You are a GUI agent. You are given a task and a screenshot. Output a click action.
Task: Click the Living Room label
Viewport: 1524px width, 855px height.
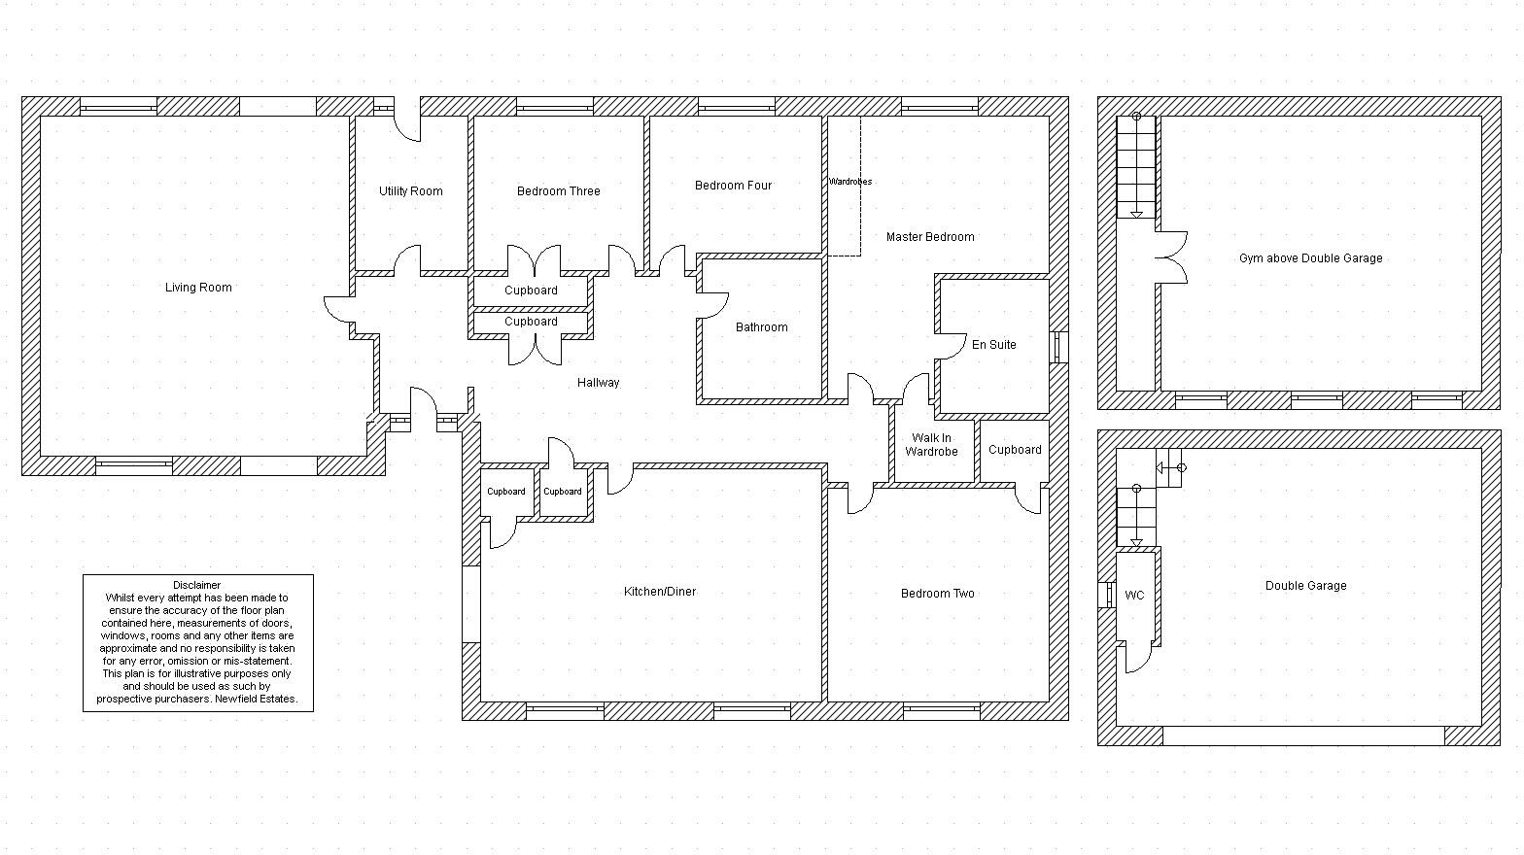click(x=198, y=288)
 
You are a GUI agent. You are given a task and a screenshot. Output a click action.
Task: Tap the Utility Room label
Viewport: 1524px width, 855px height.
click(x=410, y=191)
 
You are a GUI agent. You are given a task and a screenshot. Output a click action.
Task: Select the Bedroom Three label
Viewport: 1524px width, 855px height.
click(x=558, y=191)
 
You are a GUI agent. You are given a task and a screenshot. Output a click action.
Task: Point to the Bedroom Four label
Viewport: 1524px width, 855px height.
click(x=733, y=186)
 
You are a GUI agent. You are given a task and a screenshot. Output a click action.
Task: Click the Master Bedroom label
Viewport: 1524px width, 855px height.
click(x=929, y=237)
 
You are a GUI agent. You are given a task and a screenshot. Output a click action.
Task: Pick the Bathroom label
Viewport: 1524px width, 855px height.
click(x=761, y=327)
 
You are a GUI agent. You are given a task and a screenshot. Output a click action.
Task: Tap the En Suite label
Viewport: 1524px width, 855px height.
click(x=993, y=345)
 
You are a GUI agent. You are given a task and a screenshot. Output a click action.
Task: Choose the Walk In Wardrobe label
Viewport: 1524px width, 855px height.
click(x=931, y=445)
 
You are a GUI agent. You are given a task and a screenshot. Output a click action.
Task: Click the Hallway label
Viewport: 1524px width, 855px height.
click(x=598, y=383)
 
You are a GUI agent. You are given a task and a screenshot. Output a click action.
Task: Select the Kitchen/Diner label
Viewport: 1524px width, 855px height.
click(x=659, y=592)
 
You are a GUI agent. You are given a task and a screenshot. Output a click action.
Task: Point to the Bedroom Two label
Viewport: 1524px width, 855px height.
click(x=937, y=594)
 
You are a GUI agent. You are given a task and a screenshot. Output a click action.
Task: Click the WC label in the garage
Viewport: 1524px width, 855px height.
click(x=1134, y=596)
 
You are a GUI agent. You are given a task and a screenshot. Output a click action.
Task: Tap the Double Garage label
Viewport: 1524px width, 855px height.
click(x=1305, y=586)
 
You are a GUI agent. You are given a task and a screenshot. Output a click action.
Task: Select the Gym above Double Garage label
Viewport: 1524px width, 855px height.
click(x=1310, y=258)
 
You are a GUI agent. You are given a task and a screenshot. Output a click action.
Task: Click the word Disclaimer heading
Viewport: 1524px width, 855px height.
click(x=197, y=585)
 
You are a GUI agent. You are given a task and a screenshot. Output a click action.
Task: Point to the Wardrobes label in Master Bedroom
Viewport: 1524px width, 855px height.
click(x=849, y=182)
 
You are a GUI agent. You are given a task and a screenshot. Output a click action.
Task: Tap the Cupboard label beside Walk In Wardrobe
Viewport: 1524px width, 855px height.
click(x=1014, y=450)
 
